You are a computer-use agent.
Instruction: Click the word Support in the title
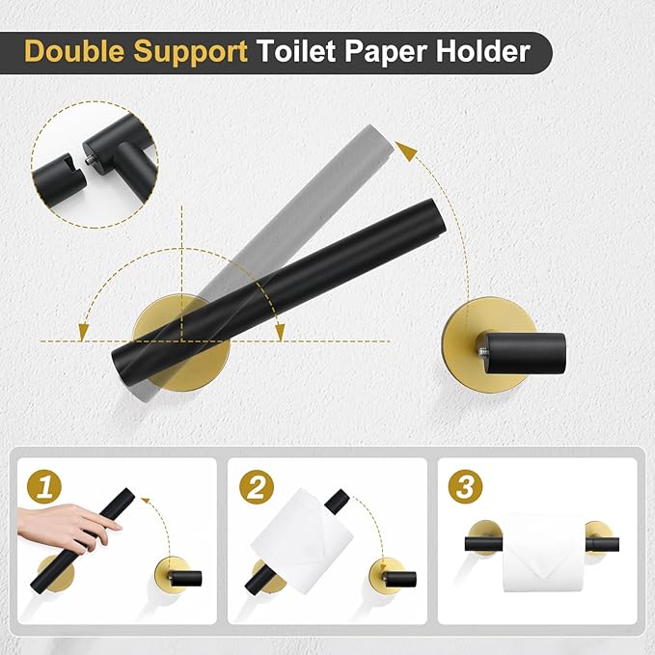[189, 51]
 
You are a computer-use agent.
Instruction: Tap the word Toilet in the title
[291, 51]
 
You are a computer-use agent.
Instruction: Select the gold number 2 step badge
[254, 486]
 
